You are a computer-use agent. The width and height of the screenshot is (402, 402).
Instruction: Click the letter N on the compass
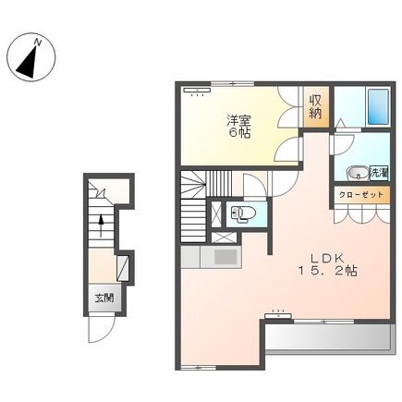[x=38, y=43]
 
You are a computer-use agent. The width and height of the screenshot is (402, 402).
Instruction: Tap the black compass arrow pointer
[x=28, y=63]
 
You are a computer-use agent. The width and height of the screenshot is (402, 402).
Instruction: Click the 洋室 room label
[x=238, y=121]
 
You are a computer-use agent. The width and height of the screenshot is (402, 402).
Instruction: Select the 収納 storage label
[x=316, y=107]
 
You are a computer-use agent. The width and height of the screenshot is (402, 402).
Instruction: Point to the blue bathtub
[x=378, y=107]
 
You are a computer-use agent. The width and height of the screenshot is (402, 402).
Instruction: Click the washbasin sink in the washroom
[x=358, y=174]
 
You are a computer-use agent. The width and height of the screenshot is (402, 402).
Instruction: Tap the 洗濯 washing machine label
[x=379, y=172]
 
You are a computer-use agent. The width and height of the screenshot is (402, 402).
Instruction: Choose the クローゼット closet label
[x=361, y=195]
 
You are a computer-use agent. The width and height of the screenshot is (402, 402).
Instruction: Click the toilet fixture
[x=243, y=213]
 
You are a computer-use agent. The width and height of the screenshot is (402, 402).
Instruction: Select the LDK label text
[x=326, y=258]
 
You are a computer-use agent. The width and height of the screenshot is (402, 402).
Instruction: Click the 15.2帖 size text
[x=327, y=271]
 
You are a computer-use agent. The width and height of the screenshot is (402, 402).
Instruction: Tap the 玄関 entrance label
[x=104, y=298]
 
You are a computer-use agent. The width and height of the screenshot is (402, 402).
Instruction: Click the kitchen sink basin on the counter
[x=225, y=257]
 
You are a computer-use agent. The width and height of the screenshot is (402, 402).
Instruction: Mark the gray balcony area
[x=329, y=336]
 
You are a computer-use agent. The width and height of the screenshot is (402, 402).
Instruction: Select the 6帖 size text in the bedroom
[x=238, y=134]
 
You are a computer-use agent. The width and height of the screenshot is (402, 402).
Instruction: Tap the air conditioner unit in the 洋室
[x=197, y=90]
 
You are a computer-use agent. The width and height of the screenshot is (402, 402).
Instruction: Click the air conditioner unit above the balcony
[x=278, y=316]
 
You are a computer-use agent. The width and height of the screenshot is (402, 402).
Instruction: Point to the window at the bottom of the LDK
[x=198, y=367]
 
